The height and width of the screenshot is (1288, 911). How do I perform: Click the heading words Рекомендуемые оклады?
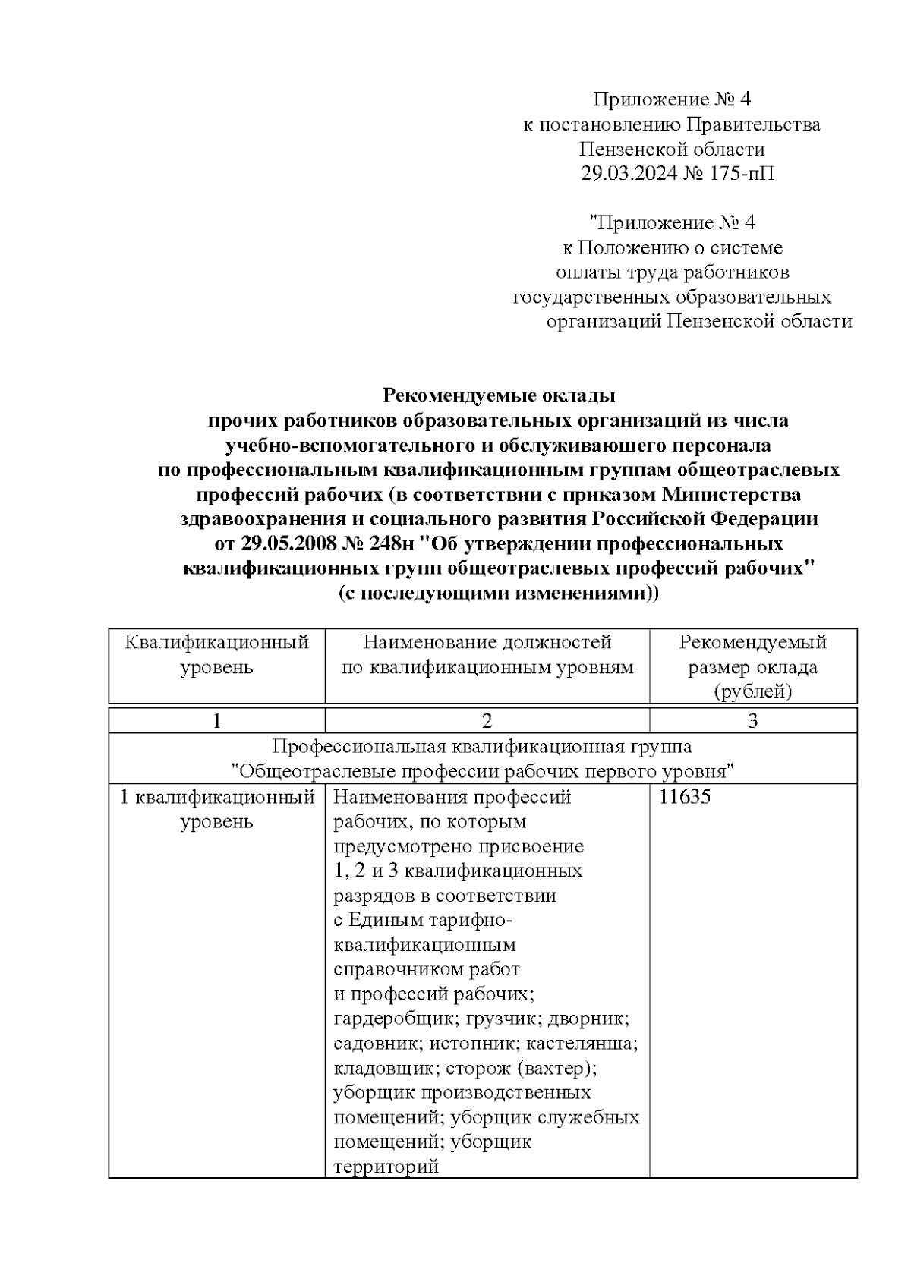pos(498,395)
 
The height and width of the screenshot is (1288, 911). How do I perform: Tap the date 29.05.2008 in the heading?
pos(288,544)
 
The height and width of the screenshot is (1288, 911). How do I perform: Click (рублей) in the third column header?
pos(752,691)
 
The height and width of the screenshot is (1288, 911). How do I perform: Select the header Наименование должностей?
pos(487,643)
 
